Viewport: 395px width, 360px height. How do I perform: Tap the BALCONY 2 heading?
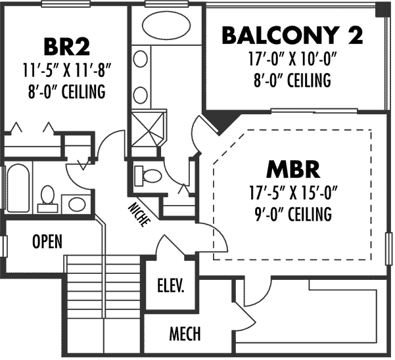pyautogui.click(x=292, y=35)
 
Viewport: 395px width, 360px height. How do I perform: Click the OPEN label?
pyautogui.click(x=47, y=241)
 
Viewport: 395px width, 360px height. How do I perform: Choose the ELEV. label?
pyautogui.click(x=170, y=286)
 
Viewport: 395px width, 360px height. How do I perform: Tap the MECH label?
pyautogui.click(x=185, y=334)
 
